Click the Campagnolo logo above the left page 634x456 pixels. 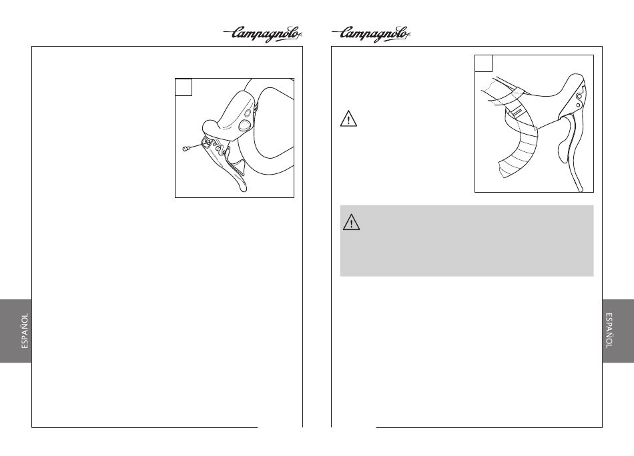click(x=264, y=34)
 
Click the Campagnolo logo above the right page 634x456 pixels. click(x=371, y=34)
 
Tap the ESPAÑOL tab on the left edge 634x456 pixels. click(x=16, y=331)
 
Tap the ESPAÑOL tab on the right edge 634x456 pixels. click(x=618, y=331)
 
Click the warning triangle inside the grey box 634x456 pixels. click(x=351, y=223)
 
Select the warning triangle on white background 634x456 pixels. click(x=348, y=119)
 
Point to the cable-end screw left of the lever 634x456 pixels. click(x=186, y=149)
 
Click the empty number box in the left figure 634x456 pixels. click(x=184, y=87)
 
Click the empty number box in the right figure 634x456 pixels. click(x=484, y=64)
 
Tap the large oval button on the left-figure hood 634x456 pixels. click(x=245, y=125)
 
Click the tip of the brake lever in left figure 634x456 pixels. click(x=243, y=189)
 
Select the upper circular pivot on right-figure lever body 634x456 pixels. click(x=579, y=97)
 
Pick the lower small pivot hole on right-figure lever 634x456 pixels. click(x=578, y=105)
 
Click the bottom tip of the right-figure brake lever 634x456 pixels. click(x=581, y=189)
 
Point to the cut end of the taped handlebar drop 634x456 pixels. click(x=501, y=169)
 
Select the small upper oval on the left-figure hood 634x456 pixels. click(x=255, y=107)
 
